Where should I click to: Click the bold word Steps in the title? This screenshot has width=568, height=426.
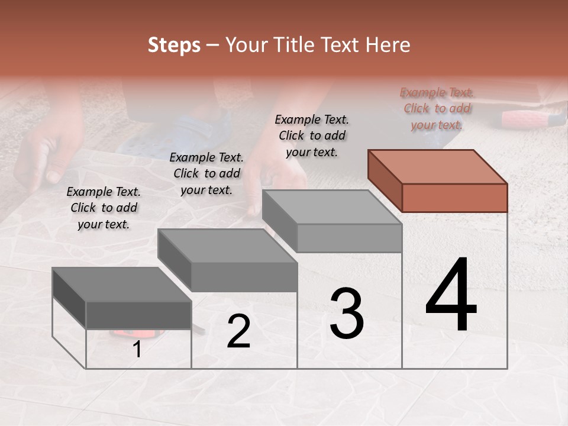pos(174,45)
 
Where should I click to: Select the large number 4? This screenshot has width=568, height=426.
pos(451,296)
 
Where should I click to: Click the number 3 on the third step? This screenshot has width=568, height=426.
pos(346,314)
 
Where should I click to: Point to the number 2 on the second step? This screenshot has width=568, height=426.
pos(238,332)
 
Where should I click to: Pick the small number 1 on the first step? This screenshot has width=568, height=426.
pos(137,350)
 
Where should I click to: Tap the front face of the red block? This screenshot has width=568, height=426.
pos(454,198)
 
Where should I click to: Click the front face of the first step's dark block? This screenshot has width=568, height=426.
pos(138,315)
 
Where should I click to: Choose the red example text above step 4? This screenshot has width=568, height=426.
pos(437,108)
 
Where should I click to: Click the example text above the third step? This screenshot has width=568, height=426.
pos(312,135)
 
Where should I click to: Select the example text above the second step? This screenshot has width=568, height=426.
pos(206,173)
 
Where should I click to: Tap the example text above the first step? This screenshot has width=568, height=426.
pos(103,208)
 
